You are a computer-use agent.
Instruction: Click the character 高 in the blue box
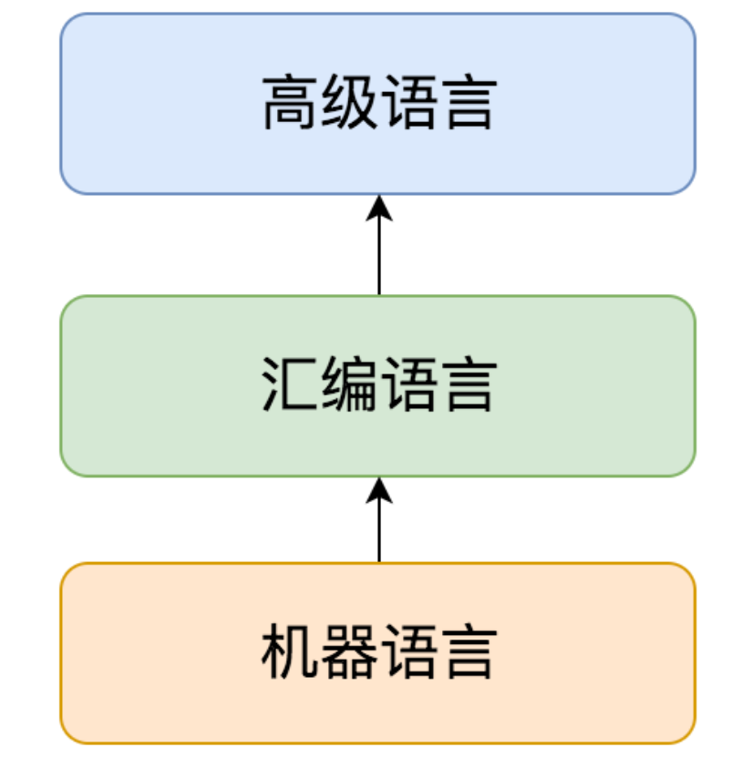[x=290, y=103]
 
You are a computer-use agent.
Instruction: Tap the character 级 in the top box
[x=348, y=103]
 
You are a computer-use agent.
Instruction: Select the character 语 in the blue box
[x=407, y=103]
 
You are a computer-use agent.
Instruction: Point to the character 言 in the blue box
[x=466, y=103]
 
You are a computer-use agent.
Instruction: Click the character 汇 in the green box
[x=290, y=384]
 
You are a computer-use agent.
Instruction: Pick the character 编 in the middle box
[x=348, y=384]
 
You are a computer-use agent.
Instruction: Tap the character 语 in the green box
[x=407, y=384]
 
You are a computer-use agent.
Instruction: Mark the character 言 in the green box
[x=466, y=384]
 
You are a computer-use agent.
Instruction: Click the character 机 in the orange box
[x=290, y=652]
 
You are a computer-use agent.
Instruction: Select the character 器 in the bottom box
[x=348, y=652]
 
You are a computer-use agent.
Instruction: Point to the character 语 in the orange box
[x=407, y=652]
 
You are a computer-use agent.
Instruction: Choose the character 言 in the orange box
[x=466, y=652]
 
